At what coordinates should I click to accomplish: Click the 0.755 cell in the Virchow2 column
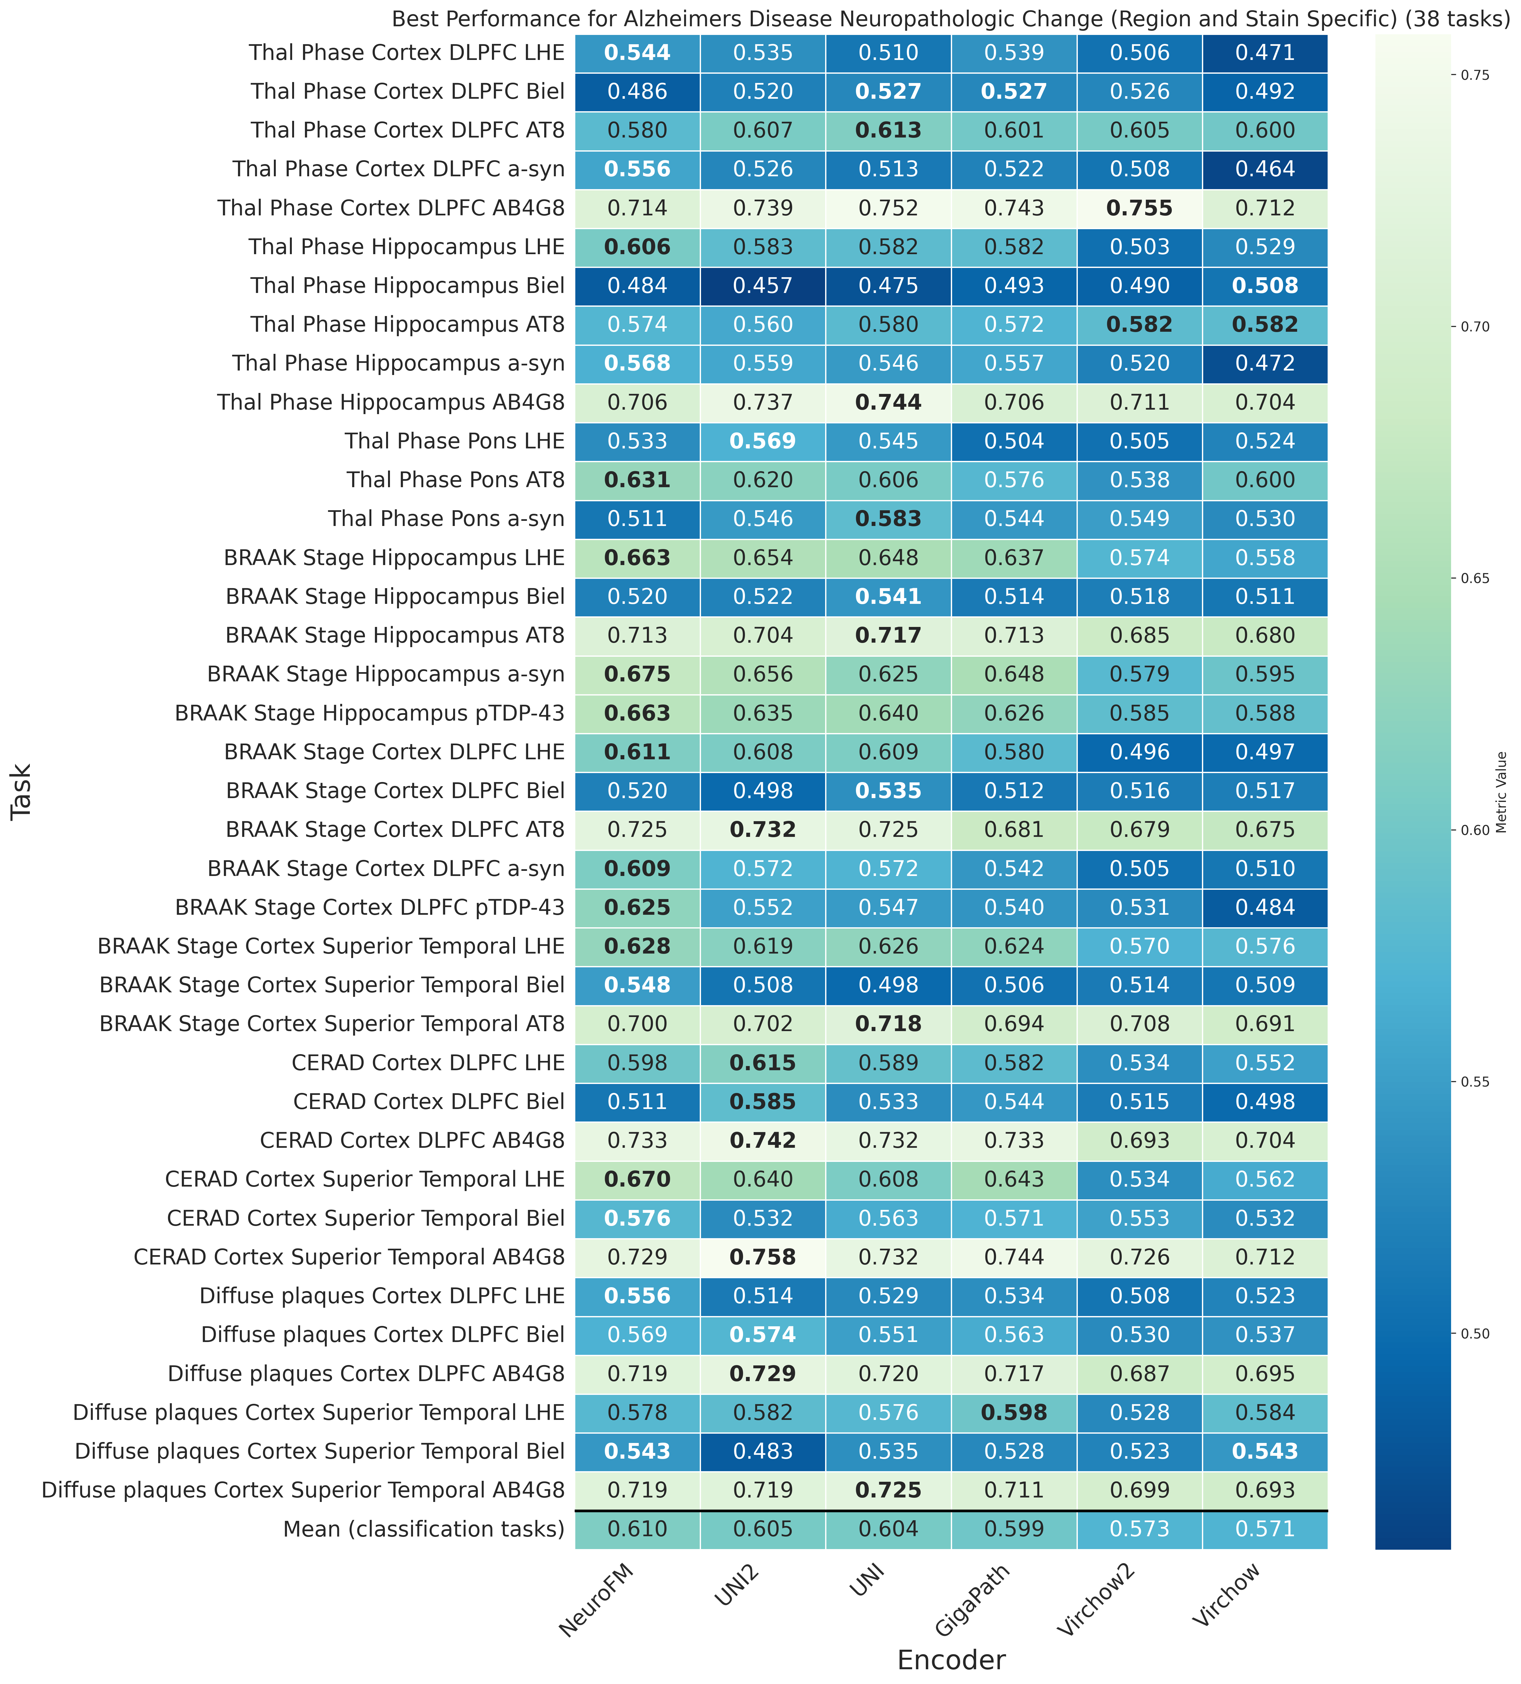coord(1139,208)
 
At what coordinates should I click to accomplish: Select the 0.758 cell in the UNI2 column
coord(763,1257)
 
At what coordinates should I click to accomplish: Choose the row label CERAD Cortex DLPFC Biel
coord(429,1102)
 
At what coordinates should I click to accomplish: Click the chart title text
coord(950,19)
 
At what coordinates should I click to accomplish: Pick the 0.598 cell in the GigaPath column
coord(1014,1413)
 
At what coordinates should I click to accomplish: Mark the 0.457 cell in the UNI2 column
coord(763,286)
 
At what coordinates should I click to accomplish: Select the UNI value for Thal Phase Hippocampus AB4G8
coord(888,403)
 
